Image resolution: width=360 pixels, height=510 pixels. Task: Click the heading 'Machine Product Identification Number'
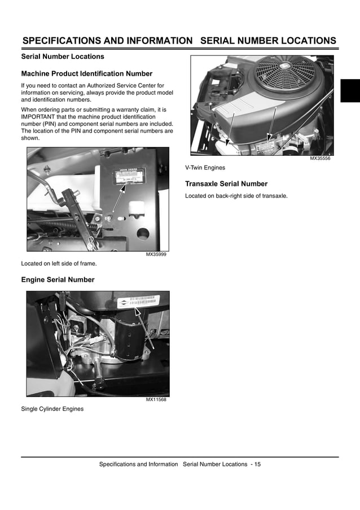pos(86,73)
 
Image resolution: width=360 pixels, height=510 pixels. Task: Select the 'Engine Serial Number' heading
pos(58,280)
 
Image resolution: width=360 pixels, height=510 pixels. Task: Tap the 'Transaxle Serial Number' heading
pos(226,184)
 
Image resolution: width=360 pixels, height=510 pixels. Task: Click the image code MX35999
pos(156,255)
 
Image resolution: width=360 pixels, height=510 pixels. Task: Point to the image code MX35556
pos(320,159)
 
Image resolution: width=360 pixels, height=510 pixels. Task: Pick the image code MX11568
pos(156,400)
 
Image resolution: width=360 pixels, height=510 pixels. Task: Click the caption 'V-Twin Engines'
pos(205,168)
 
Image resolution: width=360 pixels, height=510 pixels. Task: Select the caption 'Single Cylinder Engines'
pos(52,409)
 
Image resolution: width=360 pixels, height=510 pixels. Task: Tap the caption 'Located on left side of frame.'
pos(59,264)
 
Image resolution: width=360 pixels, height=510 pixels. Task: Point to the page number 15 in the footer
pos(257,464)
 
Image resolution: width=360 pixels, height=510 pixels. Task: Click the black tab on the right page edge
pos(350,91)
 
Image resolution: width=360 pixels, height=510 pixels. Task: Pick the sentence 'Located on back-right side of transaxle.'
pos(236,196)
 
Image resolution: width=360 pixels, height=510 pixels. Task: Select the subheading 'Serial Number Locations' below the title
pos(63,56)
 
